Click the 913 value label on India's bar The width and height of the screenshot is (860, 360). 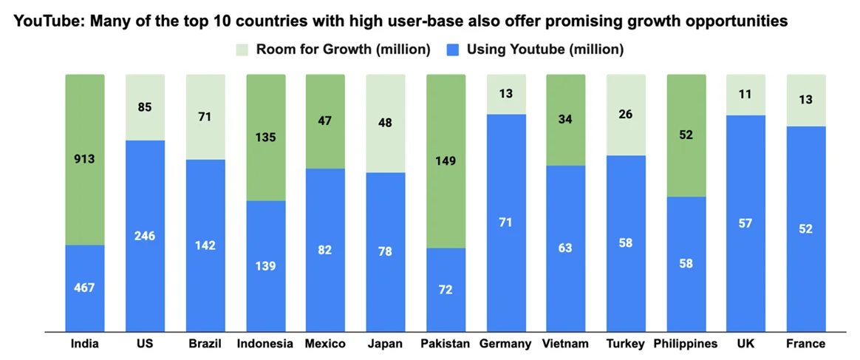click(85, 159)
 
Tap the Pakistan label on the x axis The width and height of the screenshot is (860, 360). click(446, 344)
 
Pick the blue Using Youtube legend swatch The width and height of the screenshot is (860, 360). click(454, 50)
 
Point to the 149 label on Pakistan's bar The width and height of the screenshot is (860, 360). click(446, 160)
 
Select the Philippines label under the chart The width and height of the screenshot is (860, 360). click(686, 344)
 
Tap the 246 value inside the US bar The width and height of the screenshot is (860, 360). click(145, 236)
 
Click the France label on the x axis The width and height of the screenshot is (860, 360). click(806, 344)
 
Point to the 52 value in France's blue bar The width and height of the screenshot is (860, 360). click(806, 228)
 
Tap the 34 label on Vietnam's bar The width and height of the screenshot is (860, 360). click(566, 119)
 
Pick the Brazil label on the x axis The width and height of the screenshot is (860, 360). click(205, 344)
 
